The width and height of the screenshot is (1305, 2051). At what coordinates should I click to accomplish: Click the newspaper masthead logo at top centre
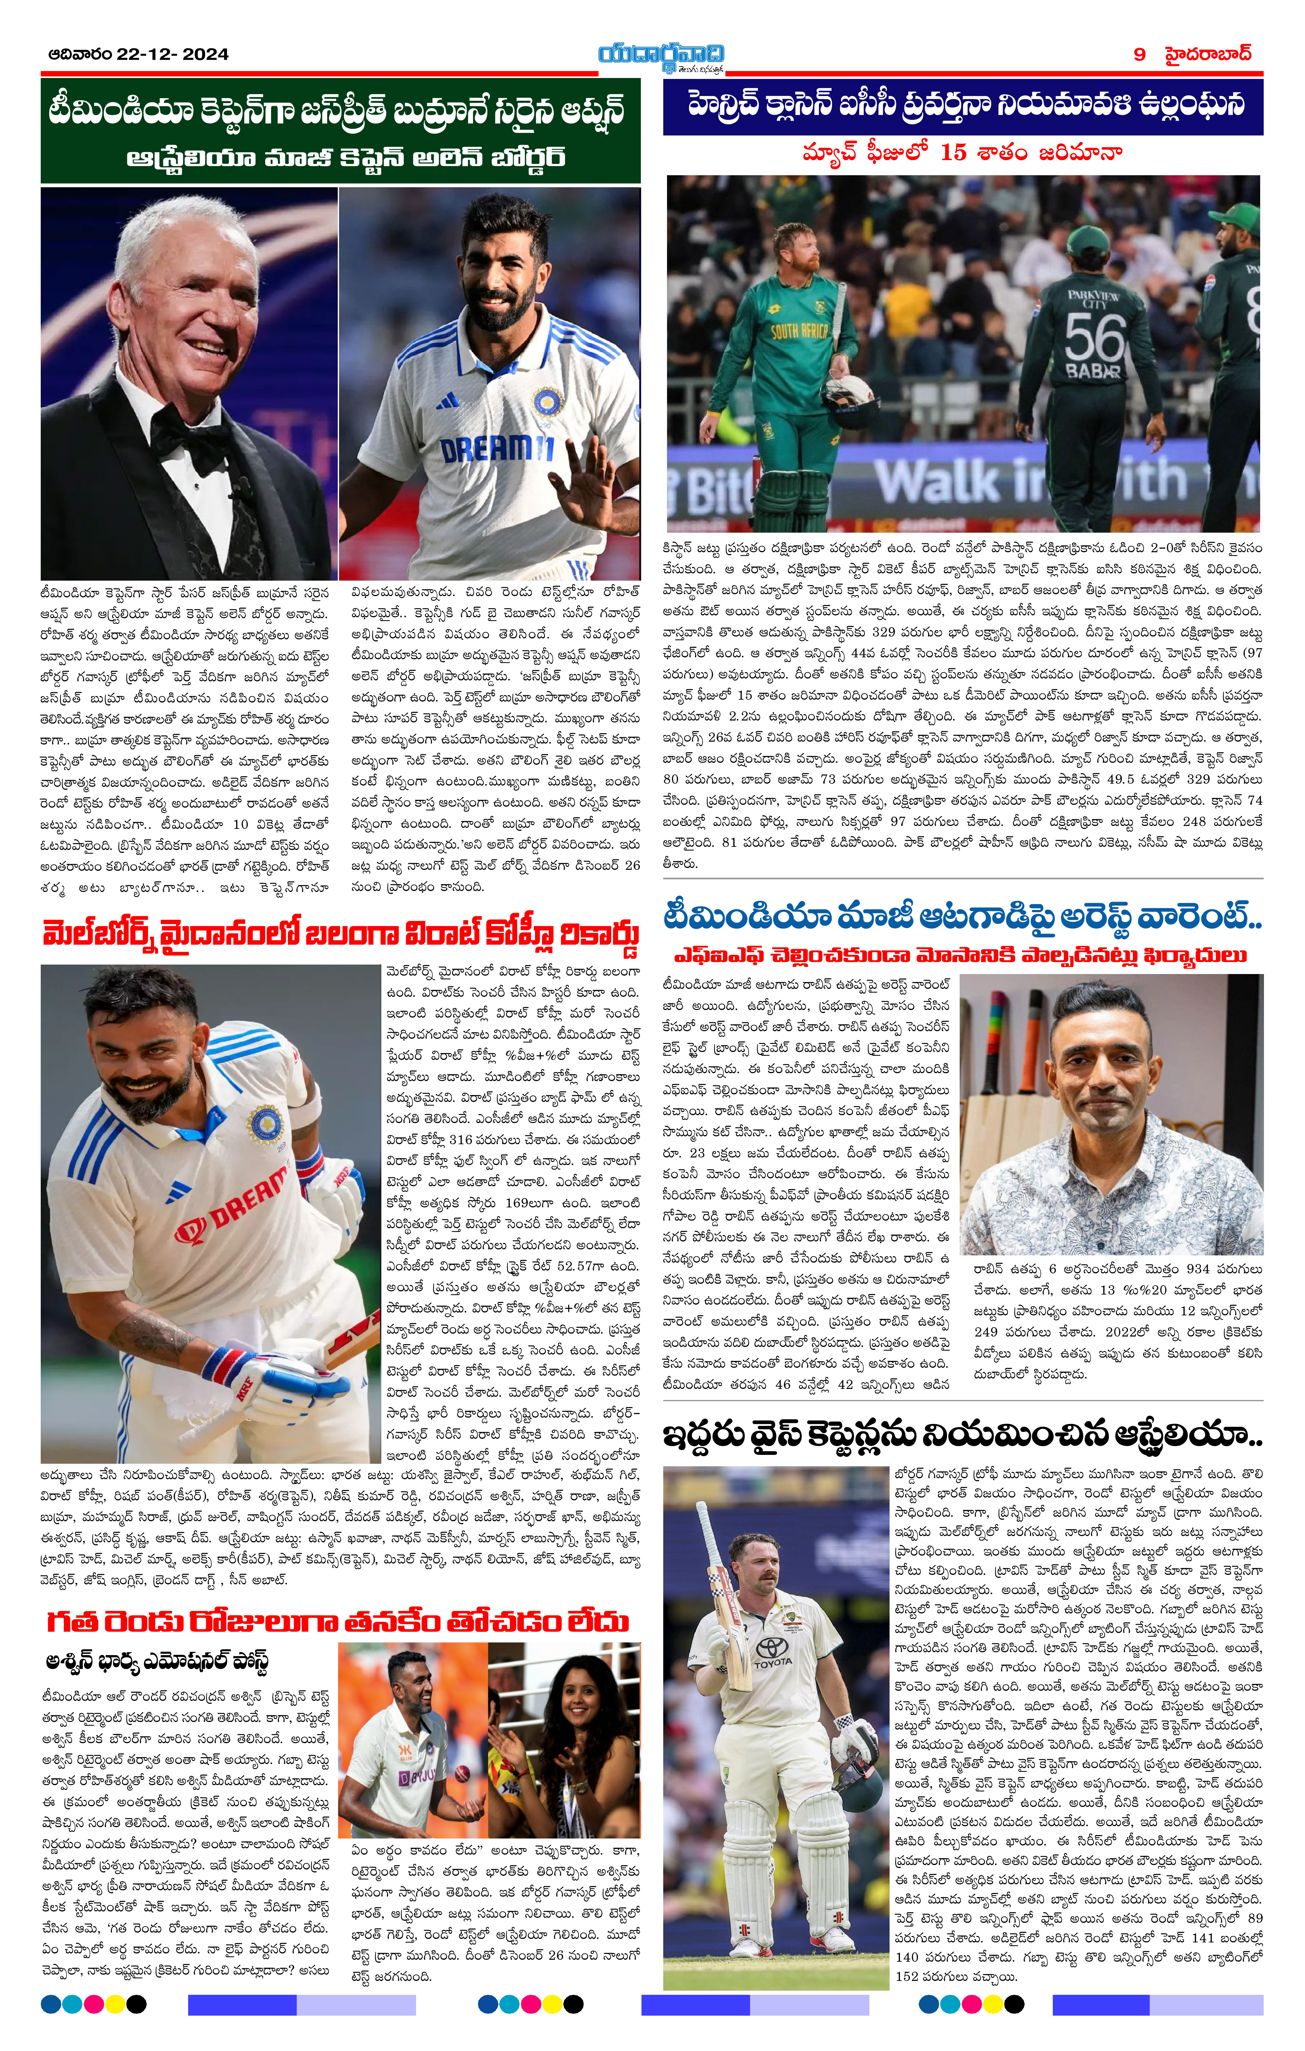pyautogui.click(x=660, y=56)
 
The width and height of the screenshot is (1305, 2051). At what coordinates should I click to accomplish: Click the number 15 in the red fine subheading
pyautogui.click(x=953, y=153)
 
